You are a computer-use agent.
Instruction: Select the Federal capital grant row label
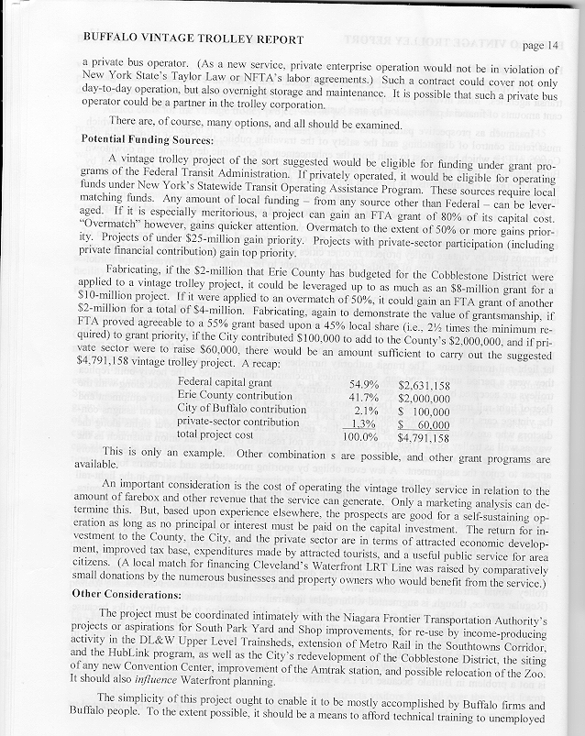tap(224, 380)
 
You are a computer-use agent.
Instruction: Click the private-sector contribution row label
tap(234, 423)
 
